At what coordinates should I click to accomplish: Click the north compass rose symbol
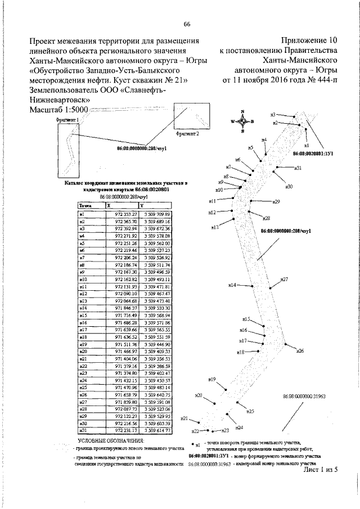pos(242,121)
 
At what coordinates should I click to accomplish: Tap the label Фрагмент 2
pos(187,135)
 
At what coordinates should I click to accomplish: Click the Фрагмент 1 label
pos(66,120)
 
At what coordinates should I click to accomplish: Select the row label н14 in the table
pos(82,308)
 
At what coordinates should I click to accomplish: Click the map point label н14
pos(232,285)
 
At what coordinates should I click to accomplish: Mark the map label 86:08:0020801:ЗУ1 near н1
pos(314,152)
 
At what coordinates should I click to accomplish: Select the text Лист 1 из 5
pos(319,469)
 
